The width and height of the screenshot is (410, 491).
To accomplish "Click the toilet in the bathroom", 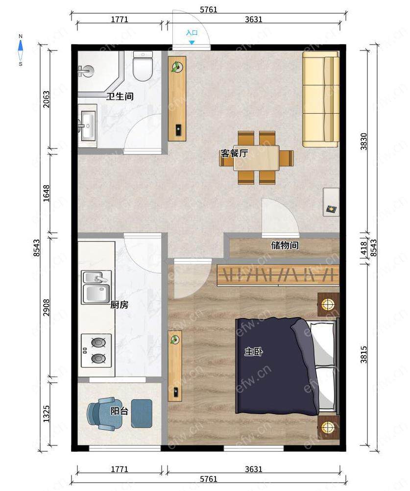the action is (143, 66).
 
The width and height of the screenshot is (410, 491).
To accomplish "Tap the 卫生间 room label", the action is (120, 96).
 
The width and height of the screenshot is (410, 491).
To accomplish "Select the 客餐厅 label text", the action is (235, 153).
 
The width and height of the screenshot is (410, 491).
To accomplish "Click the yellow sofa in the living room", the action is (321, 99).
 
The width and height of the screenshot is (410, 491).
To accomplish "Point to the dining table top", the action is (256, 158).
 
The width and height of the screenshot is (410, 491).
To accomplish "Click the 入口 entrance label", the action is (192, 32).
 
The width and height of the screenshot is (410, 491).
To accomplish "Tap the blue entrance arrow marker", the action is (192, 42).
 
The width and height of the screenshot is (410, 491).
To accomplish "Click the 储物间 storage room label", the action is (285, 245).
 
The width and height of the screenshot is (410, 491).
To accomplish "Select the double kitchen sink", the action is (96, 288).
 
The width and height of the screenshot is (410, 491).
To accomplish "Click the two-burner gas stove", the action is (96, 350).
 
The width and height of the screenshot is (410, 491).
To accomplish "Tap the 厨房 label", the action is (119, 305).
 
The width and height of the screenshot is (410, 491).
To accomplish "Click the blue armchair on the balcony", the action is (105, 414).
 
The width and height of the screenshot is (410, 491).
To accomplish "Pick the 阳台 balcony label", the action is (119, 411).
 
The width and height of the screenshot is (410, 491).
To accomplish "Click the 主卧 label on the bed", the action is (254, 352).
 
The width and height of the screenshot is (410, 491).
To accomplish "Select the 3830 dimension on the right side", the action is (363, 142).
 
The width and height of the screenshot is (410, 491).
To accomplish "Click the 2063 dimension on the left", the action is (47, 99).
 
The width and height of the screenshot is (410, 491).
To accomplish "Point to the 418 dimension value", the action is (363, 247).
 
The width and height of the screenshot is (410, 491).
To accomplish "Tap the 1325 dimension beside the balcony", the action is (47, 414).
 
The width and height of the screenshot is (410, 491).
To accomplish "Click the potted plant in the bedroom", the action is (174, 339).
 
